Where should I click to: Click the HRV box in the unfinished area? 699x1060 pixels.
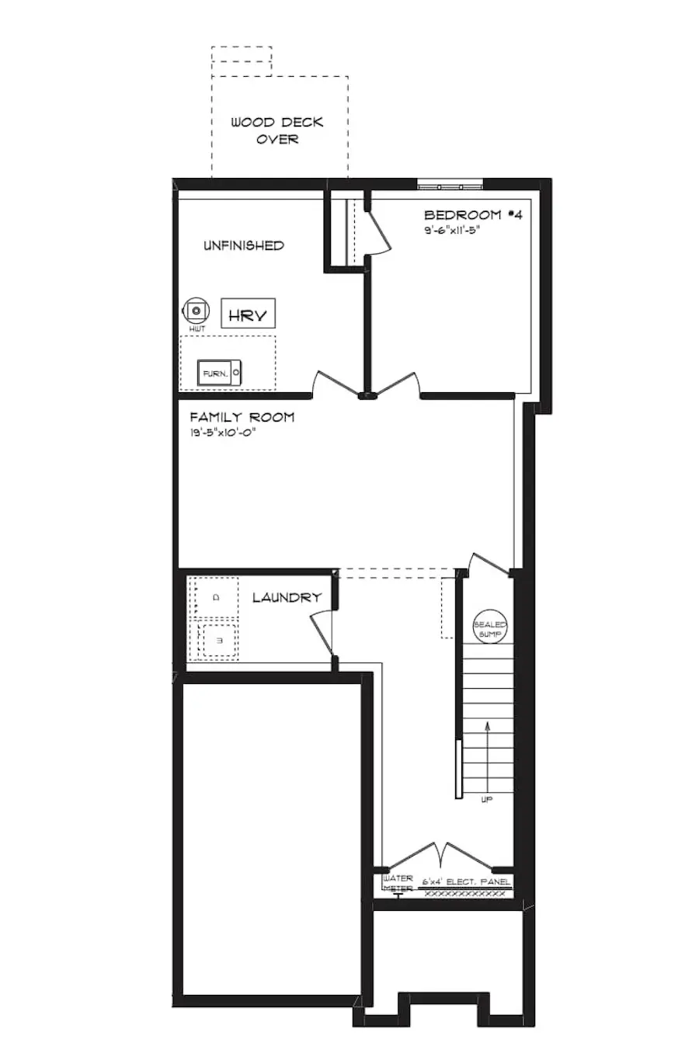(248, 314)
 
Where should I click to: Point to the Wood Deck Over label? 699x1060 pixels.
(277, 130)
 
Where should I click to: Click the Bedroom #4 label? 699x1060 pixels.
(472, 215)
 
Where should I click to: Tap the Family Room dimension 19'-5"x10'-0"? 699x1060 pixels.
(222, 433)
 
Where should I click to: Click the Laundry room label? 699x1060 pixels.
(287, 598)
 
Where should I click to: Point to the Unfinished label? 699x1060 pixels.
(243, 245)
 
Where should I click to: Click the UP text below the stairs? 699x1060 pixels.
(487, 799)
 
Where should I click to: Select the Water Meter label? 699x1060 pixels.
(398, 883)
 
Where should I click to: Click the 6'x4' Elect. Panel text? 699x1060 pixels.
(466, 882)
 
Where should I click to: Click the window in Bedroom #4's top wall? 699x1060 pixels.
(450, 186)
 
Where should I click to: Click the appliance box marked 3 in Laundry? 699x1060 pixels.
(219, 641)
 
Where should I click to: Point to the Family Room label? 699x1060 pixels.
(242, 417)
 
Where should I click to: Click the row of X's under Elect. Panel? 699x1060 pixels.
(464, 893)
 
